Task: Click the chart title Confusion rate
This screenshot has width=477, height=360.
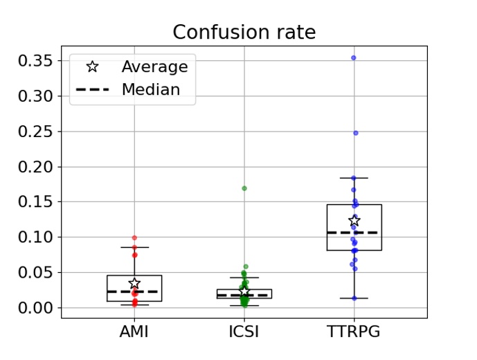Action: tap(244, 33)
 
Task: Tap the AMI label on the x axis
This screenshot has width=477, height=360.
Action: tap(134, 332)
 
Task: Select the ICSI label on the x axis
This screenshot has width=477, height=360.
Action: tap(244, 332)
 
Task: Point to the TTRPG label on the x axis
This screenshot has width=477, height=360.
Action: tap(354, 332)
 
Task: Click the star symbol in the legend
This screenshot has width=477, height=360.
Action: tap(92, 67)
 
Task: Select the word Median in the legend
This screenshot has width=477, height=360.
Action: tap(150, 90)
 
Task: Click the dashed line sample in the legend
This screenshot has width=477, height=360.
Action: tap(92, 90)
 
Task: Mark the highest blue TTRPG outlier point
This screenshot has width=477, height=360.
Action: tap(354, 58)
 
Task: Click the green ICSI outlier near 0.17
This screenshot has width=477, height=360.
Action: tap(244, 188)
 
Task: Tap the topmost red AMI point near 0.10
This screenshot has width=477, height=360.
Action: tap(134, 238)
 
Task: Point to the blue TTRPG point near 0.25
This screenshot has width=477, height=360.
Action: tap(356, 133)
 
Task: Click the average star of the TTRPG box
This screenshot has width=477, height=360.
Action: tap(354, 221)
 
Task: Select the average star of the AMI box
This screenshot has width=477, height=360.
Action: tap(134, 283)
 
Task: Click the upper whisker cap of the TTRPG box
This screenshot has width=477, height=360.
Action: tap(354, 178)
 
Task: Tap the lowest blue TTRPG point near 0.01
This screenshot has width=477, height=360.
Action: tap(354, 298)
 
